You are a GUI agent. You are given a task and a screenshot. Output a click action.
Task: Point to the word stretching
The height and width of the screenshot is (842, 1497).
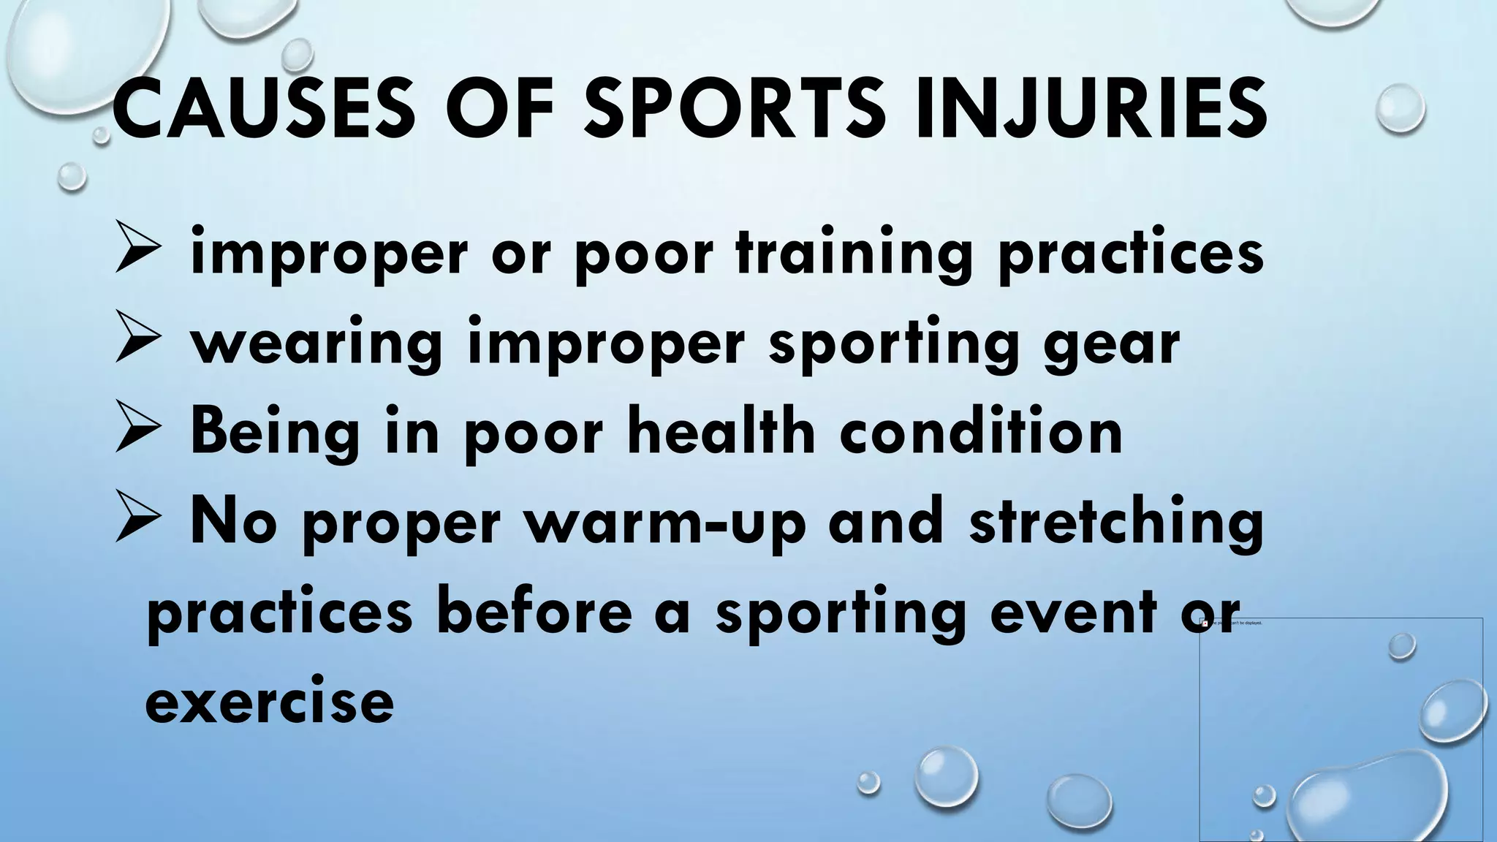pyautogui.click(x=1117, y=523)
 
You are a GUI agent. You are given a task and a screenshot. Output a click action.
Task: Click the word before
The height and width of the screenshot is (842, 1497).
pyautogui.click(x=534, y=612)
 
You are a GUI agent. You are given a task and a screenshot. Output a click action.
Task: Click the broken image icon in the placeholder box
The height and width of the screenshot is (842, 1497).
pyautogui.click(x=1205, y=623)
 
